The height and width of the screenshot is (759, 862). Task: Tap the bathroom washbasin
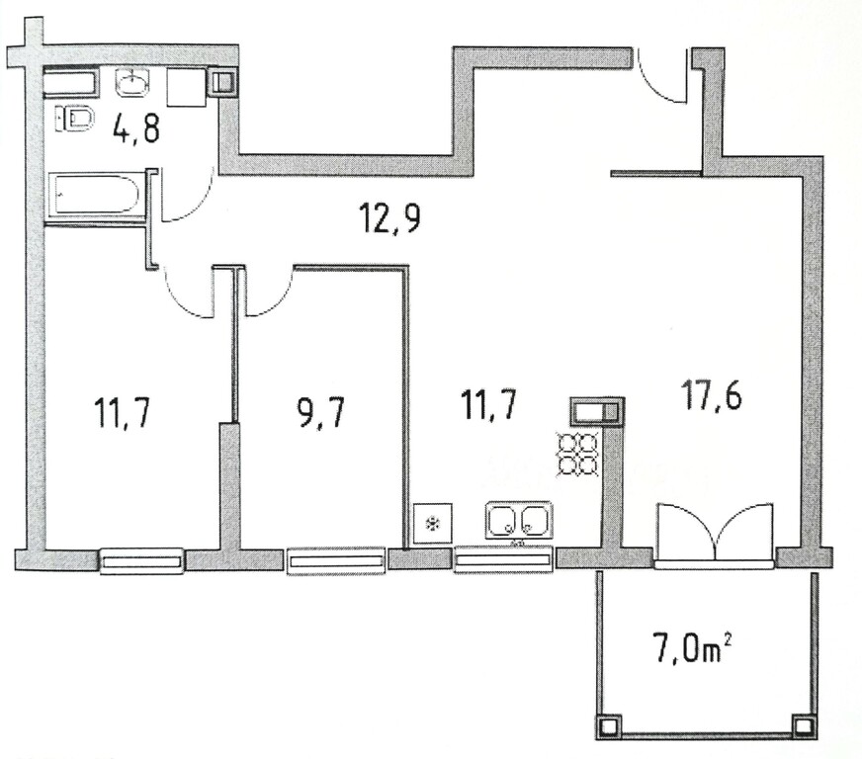tap(131, 82)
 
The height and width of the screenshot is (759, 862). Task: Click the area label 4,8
tap(135, 128)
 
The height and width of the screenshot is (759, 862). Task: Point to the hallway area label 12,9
tap(389, 217)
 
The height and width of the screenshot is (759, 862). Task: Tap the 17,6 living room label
tap(711, 394)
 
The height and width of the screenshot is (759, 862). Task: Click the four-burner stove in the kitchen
tap(577, 454)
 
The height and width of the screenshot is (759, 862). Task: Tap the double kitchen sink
tap(518, 521)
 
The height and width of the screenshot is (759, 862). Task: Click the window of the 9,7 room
tap(336, 561)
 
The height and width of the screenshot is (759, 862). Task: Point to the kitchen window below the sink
tap(502, 560)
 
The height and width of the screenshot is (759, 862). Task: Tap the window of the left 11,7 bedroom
tap(141, 561)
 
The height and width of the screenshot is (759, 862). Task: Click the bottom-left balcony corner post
tap(608, 727)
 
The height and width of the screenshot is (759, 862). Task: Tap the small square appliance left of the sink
tap(433, 523)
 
